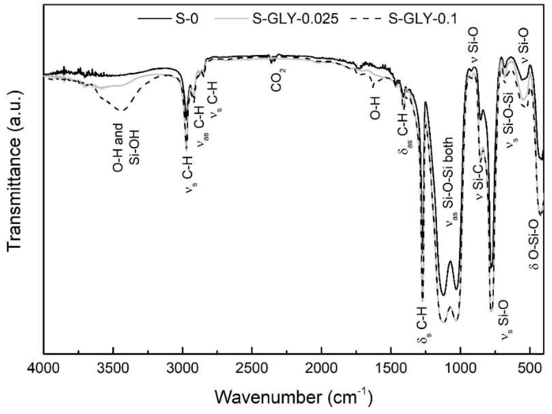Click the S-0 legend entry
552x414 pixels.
coord(187,19)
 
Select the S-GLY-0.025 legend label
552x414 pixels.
coord(295,19)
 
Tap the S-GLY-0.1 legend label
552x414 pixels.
coord(423,19)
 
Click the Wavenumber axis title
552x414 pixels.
coord(294,398)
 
